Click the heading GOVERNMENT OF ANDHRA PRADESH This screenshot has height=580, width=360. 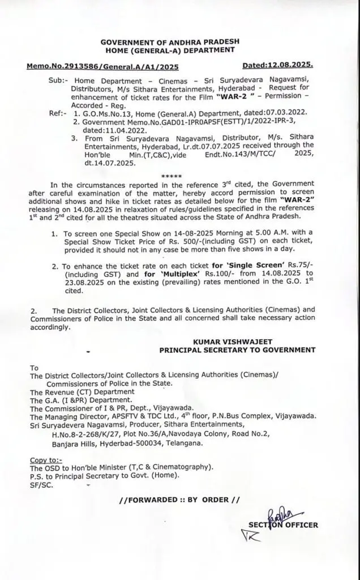coord(179,42)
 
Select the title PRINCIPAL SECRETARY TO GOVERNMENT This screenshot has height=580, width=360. coord(237,350)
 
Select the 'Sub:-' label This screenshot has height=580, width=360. coord(59,81)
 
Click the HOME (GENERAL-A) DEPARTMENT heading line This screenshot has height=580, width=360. coord(179,50)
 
